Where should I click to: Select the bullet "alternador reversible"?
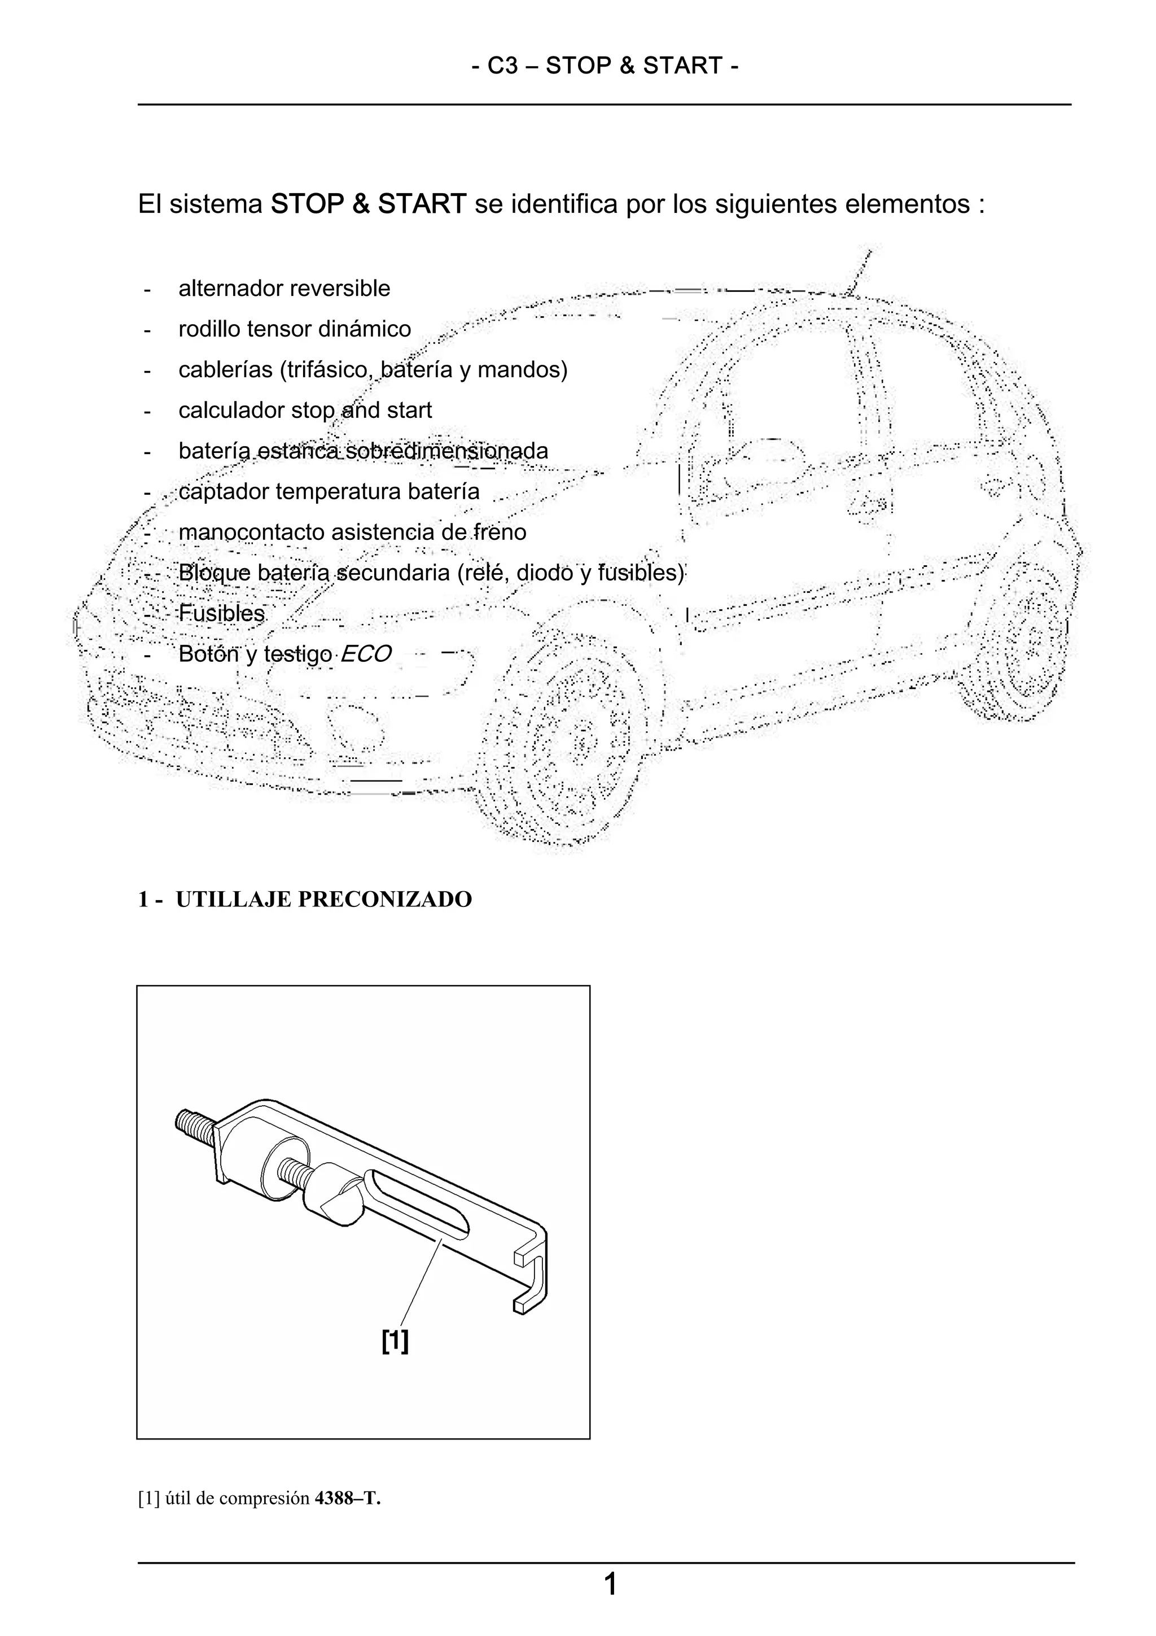[x=284, y=289]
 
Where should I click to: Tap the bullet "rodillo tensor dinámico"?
[x=294, y=329]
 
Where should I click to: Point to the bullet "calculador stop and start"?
[x=305, y=411]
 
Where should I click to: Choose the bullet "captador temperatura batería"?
[x=329, y=492]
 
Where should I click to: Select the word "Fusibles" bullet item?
[x=221, y=613]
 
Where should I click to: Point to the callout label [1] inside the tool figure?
[x=395, y=1341]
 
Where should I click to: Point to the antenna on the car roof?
[x=860, y=271]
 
